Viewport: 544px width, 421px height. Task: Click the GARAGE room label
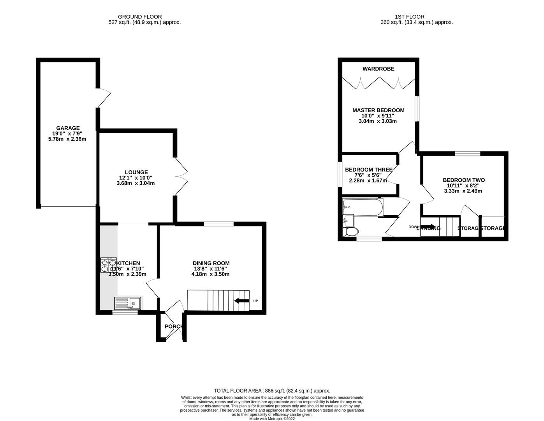[x=68, y=128]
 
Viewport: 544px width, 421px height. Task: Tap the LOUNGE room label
[x=136, y=172]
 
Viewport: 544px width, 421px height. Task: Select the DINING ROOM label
[x=211, y=263]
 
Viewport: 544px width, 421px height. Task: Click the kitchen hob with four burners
[x=109, y=265]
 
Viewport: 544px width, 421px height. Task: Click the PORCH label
[x=173, y=326]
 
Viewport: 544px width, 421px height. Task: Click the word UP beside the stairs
[x=255, y=301]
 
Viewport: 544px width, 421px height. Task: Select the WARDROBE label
[x=378, y=69]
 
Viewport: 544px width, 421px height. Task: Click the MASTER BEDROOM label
[x=378, y=110]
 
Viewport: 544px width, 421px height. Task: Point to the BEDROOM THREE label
[x=368, y=170]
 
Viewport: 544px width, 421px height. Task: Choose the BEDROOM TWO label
[x=463, y=180]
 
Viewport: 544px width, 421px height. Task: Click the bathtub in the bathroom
[x=363, y=207]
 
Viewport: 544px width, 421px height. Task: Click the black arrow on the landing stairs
[x=428, y=227]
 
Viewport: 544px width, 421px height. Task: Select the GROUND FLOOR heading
[x=140, y=17]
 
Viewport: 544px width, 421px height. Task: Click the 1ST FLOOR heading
[x=409, y=17]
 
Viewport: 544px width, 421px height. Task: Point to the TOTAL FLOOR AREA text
[x=272, y=391]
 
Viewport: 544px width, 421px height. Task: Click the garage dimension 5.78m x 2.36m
[x=67, y=139]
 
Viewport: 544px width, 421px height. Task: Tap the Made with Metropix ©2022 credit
[x=272, y=419]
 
